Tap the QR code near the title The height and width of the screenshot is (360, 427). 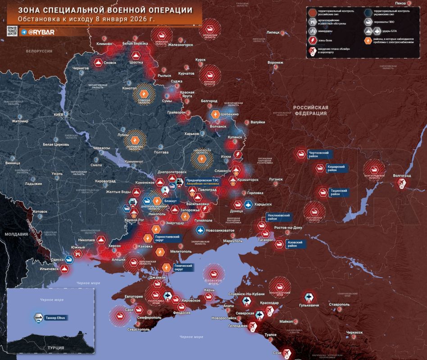pyautogui.click(x=12, y=31)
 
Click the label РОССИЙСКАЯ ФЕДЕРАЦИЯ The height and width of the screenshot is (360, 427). pyautogui.click(x=311, y=110)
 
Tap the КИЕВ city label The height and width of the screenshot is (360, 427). pyautogui.click(x=59, y=115)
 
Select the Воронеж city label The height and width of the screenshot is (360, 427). pyautogui.click(x=275, y=63)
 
